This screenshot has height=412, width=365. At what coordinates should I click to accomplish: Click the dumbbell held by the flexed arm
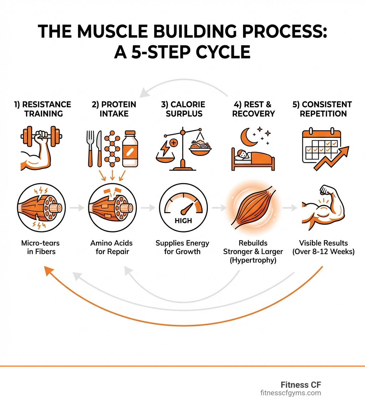point(41,136)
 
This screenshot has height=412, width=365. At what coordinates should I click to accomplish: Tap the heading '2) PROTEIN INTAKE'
point(114,109)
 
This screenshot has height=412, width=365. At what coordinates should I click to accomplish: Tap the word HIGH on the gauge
point(183,221)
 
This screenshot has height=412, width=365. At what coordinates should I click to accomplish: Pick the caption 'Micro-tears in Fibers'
point(40,247)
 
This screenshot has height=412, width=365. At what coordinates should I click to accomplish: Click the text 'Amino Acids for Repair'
point(111,247)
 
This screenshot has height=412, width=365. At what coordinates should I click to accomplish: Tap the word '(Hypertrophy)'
point(253,260)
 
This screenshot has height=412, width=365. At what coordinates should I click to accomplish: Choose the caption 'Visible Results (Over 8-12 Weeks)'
point(323,247)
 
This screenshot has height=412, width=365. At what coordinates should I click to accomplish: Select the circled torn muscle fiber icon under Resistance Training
point(40,207)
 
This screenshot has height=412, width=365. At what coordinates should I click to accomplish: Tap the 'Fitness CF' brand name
point(300,385)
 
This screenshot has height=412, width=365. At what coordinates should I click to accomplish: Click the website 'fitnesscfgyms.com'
point(290,393)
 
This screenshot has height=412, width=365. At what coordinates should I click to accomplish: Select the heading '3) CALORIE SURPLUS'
point(183,109)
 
